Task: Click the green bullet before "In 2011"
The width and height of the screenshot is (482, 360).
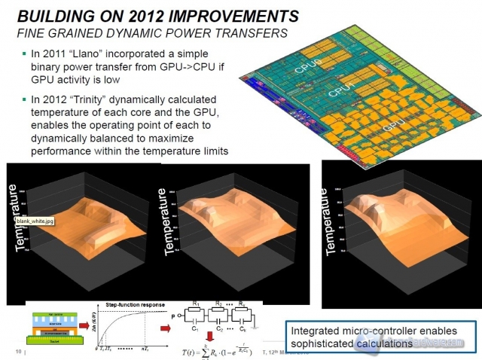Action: pyautogui.click(x=25, y=53)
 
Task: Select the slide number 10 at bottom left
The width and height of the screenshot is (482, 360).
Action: pyautogui.click(x=17, y=351)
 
